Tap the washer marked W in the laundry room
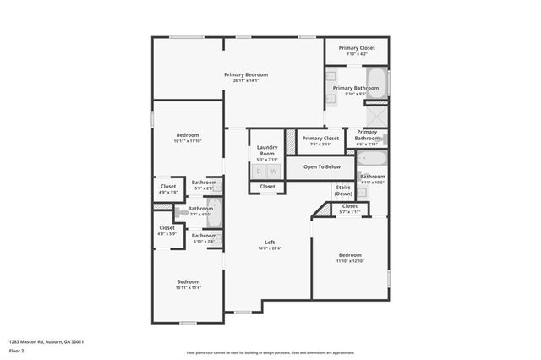(x=273, y=172)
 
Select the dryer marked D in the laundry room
(x=260, y=172)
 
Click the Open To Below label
(x=322, y=166)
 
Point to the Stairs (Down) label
(x=343, y=190)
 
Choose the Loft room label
(x=270, y=245)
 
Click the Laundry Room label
(x=266, y=151)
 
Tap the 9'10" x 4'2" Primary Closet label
(x=357, y=52)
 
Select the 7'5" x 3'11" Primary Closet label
(x=320, y=141)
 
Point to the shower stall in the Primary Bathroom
(x=376, y=115)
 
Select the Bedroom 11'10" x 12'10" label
(x=350, y=258)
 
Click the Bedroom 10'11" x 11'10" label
(x=188, y=138)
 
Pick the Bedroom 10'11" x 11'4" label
(x=188, y=285)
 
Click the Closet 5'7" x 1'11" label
(x=349, y=209)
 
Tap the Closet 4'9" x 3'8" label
(x=168, y=189)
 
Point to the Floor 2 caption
(x=16, y=350)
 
